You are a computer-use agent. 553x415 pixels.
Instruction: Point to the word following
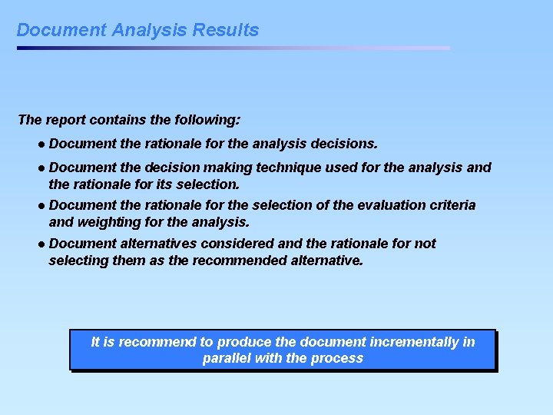[x=208, y=120]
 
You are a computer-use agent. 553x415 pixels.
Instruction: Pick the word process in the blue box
[x=337, y=359]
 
